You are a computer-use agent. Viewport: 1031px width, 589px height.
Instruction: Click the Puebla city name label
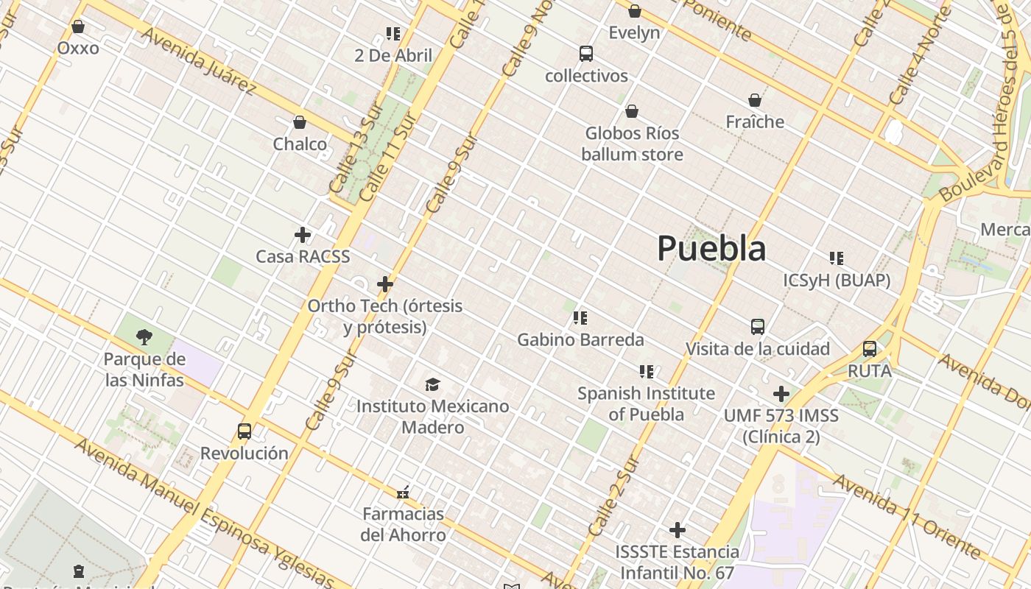711,248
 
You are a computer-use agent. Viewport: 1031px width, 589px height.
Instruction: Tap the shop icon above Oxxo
78,27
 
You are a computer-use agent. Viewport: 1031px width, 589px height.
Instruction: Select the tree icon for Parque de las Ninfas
144,337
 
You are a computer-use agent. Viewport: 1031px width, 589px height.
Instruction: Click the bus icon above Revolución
244,431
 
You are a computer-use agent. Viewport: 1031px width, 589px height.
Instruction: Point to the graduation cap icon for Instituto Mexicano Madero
432,384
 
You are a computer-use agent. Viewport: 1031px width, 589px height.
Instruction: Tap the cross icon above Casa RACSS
303,235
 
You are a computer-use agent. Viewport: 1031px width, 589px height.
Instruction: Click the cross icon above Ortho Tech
385,283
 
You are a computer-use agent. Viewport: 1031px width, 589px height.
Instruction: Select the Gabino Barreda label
580,340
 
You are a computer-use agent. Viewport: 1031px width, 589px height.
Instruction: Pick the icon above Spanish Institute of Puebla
646,372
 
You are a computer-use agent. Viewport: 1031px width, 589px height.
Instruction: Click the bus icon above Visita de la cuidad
758,327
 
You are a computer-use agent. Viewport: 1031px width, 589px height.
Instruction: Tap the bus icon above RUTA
870,349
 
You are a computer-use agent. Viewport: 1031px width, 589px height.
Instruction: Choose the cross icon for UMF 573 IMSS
781,394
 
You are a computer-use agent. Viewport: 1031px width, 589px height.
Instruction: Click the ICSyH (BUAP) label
837,281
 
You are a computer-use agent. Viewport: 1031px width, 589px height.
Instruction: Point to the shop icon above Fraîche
755,100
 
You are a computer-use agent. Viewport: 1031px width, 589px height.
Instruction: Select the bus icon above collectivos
586,54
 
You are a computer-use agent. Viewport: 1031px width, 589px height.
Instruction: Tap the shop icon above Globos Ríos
632,111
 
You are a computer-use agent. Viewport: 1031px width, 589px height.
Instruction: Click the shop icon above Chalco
300,122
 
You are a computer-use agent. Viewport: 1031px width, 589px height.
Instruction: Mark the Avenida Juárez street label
199,62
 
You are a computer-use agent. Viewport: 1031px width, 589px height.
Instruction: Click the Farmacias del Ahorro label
403,524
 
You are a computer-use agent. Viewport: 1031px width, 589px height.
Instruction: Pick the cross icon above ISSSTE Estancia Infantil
678,530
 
